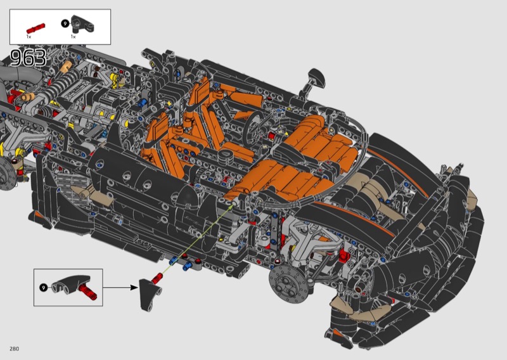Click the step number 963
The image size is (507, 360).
[x=28, y=58]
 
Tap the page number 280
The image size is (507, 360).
[x=14, y=349]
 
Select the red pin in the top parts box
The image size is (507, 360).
[x=35, y=29]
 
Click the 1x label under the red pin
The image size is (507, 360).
[x=29, y=37]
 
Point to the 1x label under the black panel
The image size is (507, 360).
[x=74, y=37]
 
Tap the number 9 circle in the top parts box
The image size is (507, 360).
[x=65, y=23]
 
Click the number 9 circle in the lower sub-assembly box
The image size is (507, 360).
[x=43, y=287]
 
